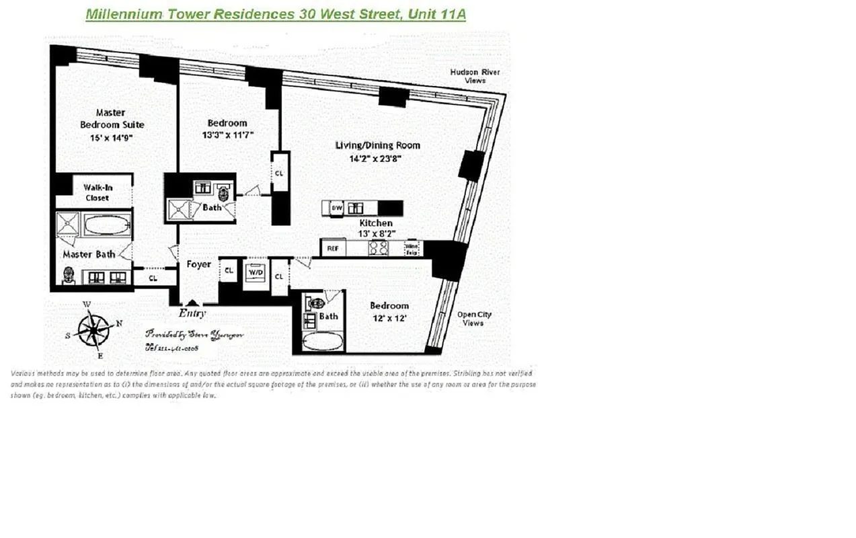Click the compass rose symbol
click(x=93, y=330)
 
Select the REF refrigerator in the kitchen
click(x=332, y=248)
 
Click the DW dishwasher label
click(x=336, y=208)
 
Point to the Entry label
click(x=192, y=313)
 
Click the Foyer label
click(x=199, y=264)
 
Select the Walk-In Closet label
click(x=98, y=192)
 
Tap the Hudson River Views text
click(x=475, y=76)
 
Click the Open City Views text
click(x=473, y=318)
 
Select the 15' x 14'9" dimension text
click(x=112, y=138)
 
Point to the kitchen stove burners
click(x=379, y=248)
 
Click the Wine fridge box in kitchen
click(x=412, y=248)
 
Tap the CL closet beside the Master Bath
click(x=153, y=277)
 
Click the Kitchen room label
click(x=376, y=223)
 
